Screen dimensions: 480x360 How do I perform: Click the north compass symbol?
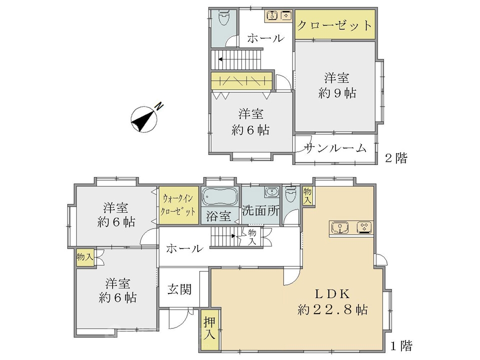(144, 119)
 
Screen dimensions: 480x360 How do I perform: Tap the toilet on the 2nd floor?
(224, 18)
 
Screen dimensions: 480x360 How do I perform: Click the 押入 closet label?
(209, 328)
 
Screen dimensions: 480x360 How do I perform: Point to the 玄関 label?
(179, 289)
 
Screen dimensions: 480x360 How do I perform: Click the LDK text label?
(333, 294)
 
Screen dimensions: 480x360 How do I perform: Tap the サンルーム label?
(335, 148)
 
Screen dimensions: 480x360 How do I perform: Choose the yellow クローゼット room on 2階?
(335, 24)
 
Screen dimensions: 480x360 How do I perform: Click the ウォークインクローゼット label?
(178, 205)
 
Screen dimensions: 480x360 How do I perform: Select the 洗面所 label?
(260, 210)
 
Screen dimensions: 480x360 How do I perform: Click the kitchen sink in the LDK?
(340, 227)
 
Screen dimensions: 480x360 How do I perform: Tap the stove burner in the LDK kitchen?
(364, 227)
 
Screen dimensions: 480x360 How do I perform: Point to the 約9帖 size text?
(337, 93)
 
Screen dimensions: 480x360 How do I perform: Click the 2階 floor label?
(396, 158)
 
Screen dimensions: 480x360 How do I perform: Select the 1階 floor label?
(401, 345)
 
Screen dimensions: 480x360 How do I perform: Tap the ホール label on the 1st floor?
(185, 248)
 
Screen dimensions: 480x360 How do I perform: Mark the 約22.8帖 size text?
(333, 310)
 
